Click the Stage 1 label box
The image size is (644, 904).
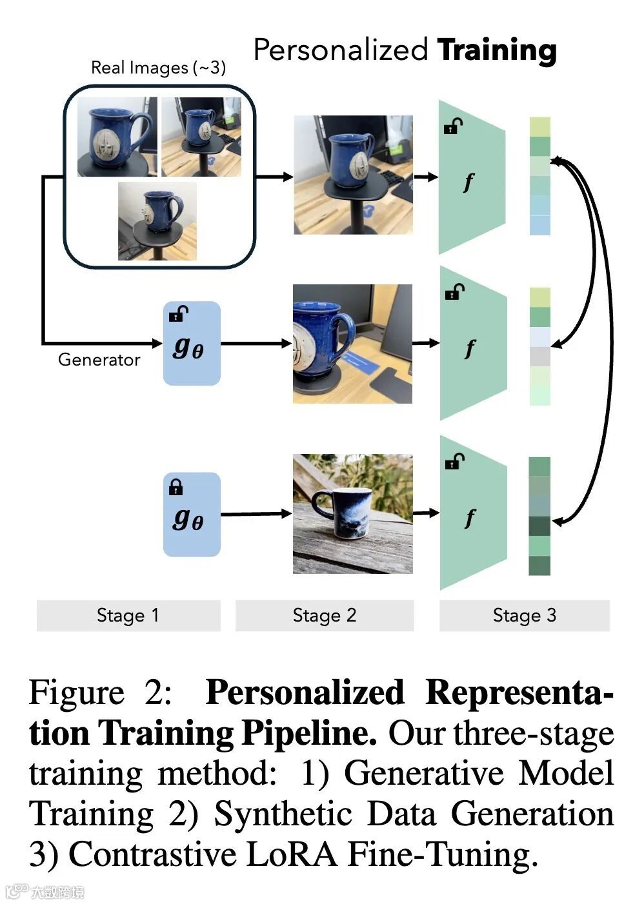(128, 615)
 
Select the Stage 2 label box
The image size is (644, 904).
(324, 615)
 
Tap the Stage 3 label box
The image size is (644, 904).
(524, 615)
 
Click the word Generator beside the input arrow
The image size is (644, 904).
(99, 359)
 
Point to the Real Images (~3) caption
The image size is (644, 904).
(158, 67)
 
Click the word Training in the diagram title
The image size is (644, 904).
(496, 50)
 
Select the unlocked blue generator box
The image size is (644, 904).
(191, 343)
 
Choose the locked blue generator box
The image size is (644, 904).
(191, 515)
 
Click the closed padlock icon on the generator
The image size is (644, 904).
(176, 487)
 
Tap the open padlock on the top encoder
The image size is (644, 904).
(453, 126)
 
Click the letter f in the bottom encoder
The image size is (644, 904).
(470, 518)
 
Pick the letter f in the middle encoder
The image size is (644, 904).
(470, 349)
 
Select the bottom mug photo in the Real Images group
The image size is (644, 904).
(157, 221)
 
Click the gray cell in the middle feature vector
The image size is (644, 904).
(540, 356)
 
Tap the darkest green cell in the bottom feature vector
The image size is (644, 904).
(540, 526)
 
